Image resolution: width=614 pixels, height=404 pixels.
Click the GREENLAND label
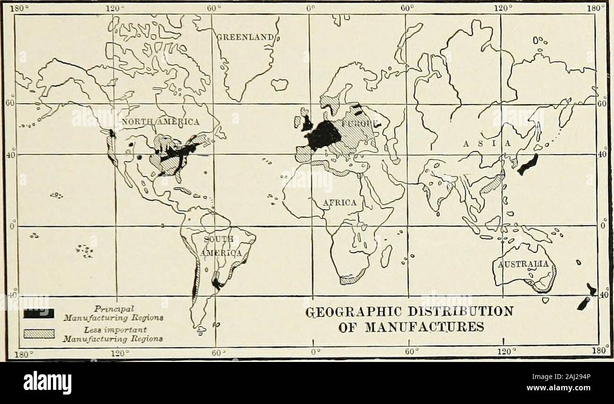pos(246,37)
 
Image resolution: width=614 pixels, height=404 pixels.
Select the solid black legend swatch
pos(40,313)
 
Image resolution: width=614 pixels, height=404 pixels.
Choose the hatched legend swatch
pos(40,335)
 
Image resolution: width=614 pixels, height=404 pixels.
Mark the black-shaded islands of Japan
pos(528,164)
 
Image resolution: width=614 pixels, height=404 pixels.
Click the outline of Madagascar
pos(386,255)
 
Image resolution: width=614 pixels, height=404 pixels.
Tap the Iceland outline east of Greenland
pos(280,85)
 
